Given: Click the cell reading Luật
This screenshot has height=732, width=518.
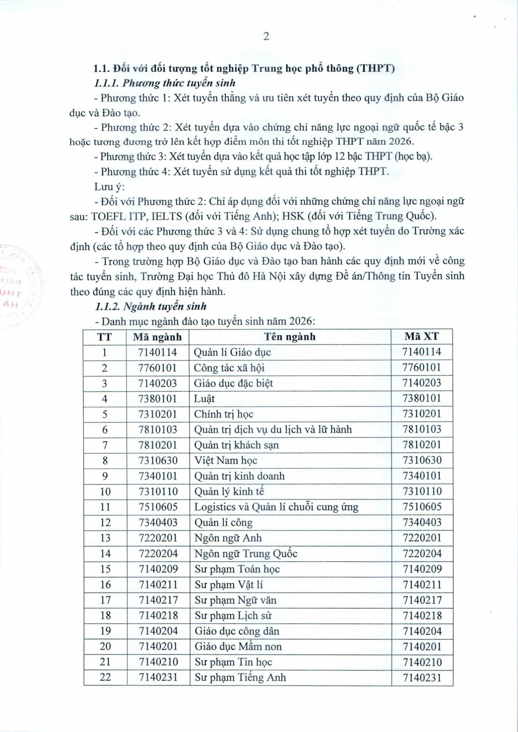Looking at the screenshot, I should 204,399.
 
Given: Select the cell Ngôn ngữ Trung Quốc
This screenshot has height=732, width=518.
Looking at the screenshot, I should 246,553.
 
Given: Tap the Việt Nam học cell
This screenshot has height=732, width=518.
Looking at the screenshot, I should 226,460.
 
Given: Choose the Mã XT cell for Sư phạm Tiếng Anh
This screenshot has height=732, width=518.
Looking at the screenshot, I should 422,677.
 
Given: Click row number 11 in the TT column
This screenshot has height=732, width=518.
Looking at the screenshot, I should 105,507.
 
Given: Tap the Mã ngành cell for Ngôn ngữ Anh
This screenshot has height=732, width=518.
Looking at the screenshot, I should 158,538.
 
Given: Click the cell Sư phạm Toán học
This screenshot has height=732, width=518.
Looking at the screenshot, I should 237,569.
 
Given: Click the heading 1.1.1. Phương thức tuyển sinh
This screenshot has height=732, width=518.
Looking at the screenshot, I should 165,83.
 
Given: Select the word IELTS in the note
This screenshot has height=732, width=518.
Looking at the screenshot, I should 166,216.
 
